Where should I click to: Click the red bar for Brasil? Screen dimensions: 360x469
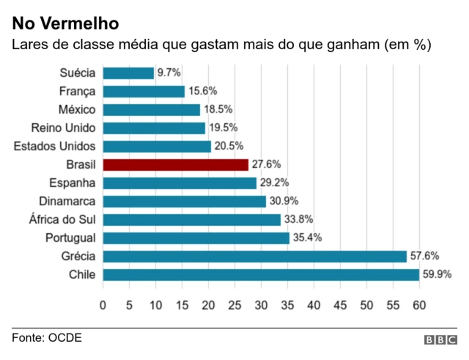click(x=176, y=164)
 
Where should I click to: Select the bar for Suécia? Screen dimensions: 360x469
click(x=128, y=73)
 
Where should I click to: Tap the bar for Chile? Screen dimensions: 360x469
click(x=261, y=274)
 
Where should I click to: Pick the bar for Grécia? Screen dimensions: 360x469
click(x=255, y=256)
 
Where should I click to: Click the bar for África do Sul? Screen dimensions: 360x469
click(x=192, y=219)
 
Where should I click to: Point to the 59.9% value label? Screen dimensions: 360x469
click(x=437, y=274)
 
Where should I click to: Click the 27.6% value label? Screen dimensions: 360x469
click(x=266, y=164)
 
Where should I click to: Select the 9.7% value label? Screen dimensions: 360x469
click(x=169, y=73)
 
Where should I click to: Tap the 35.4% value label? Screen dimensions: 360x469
click(x=307, y=238)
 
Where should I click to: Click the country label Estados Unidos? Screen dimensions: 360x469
click(x=54, y=146)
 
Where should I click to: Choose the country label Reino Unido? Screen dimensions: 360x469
click(x=63, y=128)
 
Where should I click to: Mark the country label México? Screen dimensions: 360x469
click(x=77, y=109)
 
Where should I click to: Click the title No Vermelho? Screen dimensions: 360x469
click(x=65, y=25)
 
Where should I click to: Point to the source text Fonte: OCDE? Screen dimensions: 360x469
click(x=46, y=338)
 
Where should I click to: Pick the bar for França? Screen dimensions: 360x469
click(x=144, y=91)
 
